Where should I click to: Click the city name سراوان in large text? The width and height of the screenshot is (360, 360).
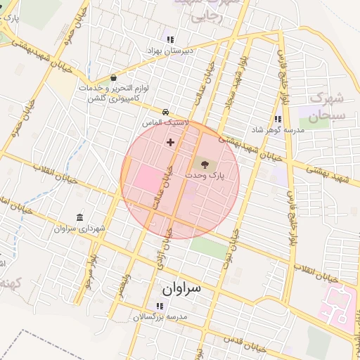[x=181, y=288]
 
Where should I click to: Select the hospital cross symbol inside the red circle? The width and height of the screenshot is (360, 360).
[x=170, y=143]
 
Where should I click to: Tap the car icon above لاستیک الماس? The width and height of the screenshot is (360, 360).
[x=165, y=112]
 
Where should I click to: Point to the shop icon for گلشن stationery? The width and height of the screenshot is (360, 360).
[x=114, y=78]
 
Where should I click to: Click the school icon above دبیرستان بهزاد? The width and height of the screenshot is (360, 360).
[x=169, y=39]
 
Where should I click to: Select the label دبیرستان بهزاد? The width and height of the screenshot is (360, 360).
[x=169, y=51]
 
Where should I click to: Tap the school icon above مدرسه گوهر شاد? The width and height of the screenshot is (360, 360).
[x=278, y=120]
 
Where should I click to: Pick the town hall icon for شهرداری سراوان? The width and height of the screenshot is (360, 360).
[x=79, y=217]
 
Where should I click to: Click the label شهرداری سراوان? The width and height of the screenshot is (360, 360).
[x=78, y=229]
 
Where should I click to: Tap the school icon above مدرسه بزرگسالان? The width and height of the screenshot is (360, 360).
[x=160, y=306]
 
